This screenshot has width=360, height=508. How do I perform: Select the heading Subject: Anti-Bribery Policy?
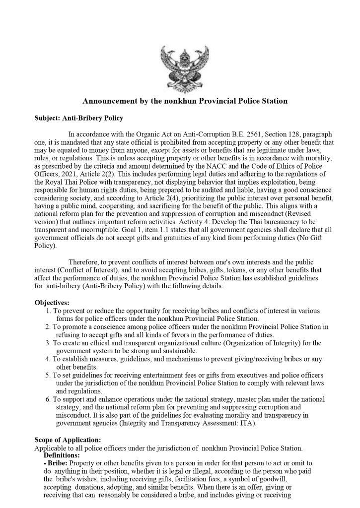78,119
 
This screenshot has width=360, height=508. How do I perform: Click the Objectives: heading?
52,303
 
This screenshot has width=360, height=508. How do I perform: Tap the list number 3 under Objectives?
49,343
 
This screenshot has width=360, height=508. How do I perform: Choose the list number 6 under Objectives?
49,399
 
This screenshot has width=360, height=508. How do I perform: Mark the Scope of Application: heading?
68,440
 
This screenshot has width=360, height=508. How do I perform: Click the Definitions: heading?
62,454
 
